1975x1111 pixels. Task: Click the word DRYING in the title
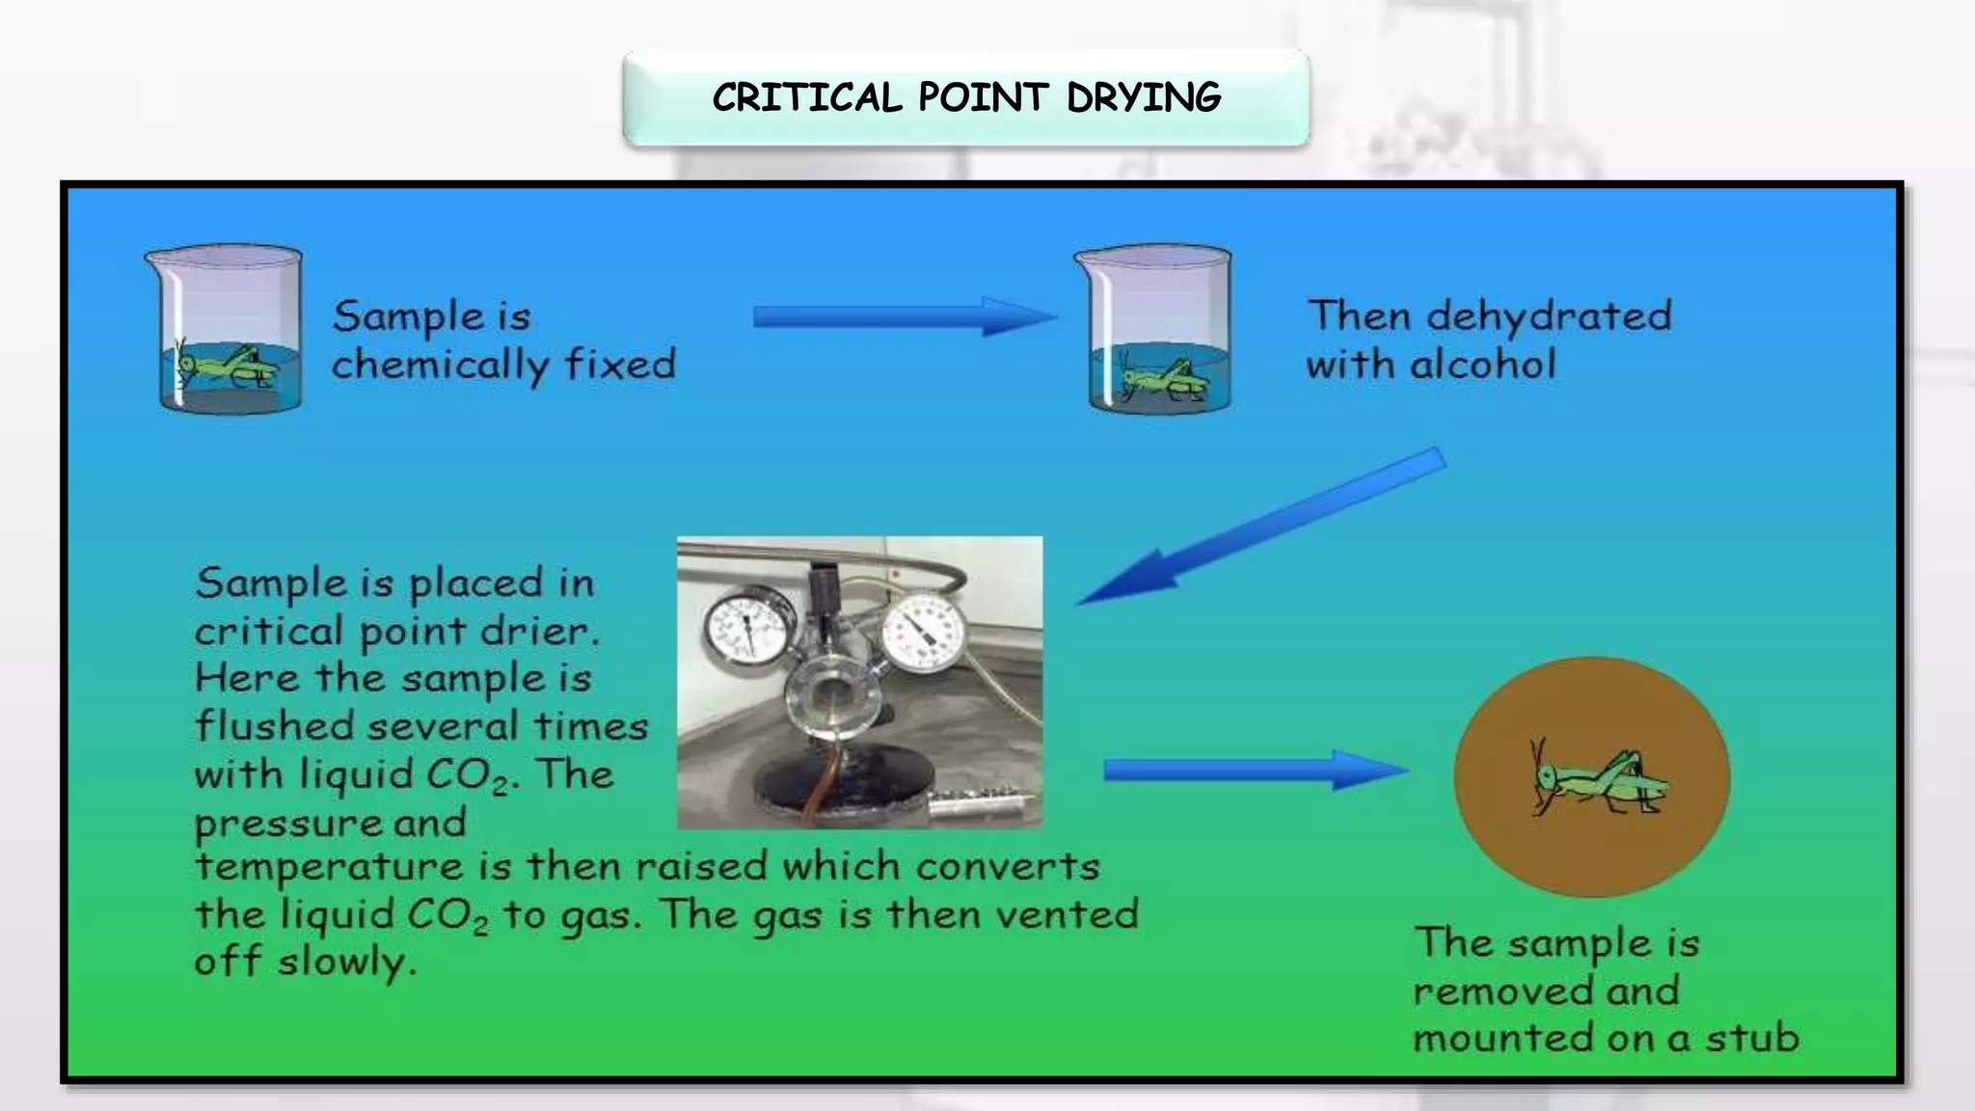coord(1144,97)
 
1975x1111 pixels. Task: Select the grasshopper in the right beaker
coord(1162,379)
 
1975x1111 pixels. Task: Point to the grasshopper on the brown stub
coord(1599,780)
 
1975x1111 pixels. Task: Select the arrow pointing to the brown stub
coord(1254,770)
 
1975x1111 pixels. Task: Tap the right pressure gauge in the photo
coord(923,630)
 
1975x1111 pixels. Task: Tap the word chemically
coord(440,366)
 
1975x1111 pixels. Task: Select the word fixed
coord(620,364)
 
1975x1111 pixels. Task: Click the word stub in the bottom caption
coord(1751,1038)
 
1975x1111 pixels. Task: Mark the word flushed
coord(275,725)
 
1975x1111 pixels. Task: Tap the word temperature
coord(329,867)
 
